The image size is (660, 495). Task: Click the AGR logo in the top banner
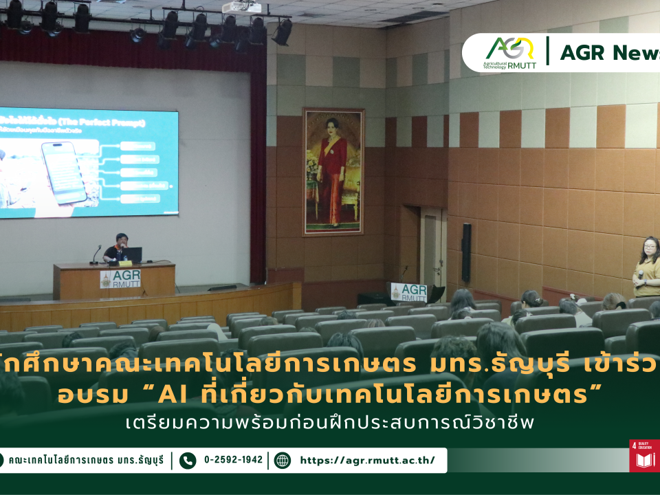(x=509, y=52)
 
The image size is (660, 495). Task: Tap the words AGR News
(x=609, y=52)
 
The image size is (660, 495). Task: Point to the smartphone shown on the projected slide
(x=64, y=173)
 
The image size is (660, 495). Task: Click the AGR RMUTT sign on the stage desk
(x=120, y=278)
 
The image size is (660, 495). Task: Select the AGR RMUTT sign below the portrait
(x=409, y=292)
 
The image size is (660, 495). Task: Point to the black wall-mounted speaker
(x=466, y=243)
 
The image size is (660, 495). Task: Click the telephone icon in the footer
(x=188, y=460)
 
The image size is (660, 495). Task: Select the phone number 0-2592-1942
(x=233, y=460)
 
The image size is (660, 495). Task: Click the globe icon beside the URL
(x=282, y=460)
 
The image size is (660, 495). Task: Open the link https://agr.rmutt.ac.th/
(x=367, y=460)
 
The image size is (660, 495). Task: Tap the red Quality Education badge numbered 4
(x=644, y=456)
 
